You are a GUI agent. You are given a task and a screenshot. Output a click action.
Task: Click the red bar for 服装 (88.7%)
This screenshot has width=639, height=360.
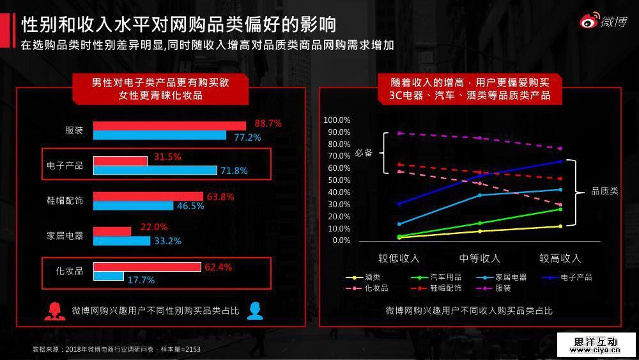(169, 125)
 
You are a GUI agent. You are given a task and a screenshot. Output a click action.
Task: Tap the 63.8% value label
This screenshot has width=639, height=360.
(219, 196)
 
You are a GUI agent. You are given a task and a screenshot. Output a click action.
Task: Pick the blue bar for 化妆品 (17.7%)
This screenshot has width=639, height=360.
(109, 276)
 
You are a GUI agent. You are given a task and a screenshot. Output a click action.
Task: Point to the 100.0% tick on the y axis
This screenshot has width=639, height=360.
(337, 120)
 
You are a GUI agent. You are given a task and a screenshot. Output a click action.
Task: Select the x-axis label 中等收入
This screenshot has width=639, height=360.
(479, 258)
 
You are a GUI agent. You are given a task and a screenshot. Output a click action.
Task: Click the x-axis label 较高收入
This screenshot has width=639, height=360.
(560, 258)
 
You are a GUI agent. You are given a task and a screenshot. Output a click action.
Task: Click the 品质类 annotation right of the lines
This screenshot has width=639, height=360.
(604, 191)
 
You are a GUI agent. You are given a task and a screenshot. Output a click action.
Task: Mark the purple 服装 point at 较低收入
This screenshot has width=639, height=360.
(399, 133)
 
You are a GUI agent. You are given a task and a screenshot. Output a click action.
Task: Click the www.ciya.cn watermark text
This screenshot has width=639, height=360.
(596, 351)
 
